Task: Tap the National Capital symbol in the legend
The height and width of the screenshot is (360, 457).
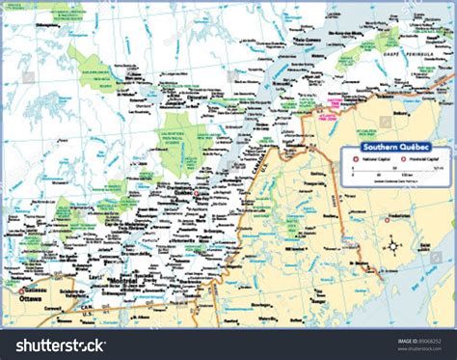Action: (356, 159)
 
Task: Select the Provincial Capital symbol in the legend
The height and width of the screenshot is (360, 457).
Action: (397, 159)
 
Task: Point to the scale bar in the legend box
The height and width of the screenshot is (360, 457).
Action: (390, 170)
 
